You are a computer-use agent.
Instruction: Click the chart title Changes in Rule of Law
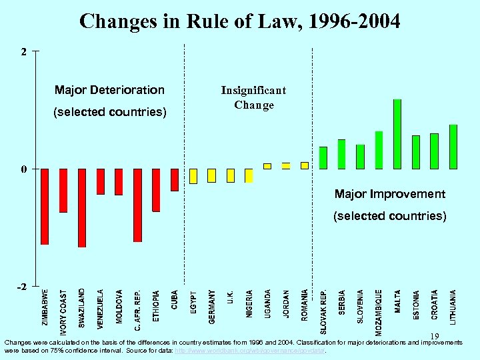click(240, 21)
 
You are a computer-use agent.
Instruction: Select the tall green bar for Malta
click(397, 134)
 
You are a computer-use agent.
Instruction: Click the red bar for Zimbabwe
click(45, 207)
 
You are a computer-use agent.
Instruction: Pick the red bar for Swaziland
click(82, 207)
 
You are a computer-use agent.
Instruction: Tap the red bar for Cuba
click(175, 180)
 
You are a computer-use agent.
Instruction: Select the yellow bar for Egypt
click(193, 176)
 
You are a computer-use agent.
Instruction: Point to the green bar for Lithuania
click(453, 147)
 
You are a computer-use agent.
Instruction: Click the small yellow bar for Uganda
click(267, 166)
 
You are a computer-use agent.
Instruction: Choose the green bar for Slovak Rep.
click(323, 158)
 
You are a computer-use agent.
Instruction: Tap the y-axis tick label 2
click(24, 51)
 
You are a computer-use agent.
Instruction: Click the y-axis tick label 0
click(24, 169)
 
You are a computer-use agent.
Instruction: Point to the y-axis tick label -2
click(22, 286)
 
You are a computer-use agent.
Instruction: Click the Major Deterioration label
click(109, 90)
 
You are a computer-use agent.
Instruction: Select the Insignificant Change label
click(253, 97)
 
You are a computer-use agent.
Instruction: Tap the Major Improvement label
click(389, 194)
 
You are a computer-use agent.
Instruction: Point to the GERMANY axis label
click(212, 307)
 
